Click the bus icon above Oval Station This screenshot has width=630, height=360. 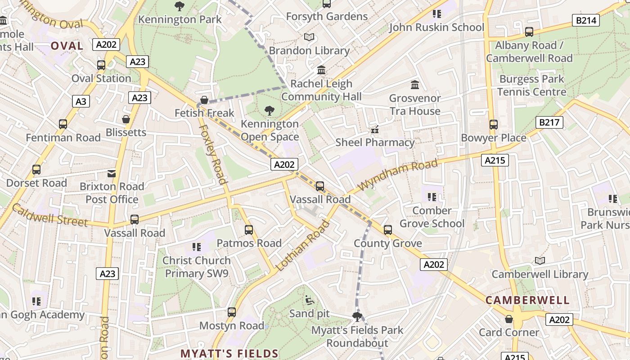click(x=101, y=65)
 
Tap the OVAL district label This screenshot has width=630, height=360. click(x=67, y=46)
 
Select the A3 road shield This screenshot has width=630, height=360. click(x=81, y=101)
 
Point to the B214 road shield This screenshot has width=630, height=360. click(x=586, y=20)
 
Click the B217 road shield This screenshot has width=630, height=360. click(x=549, y=122)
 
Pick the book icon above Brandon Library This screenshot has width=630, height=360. click(x=309, y=37)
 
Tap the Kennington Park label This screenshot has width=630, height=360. click(x=180, y=19)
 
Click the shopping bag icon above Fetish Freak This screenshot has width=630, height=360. click(x=204, y=99)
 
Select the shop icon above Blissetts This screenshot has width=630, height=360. click(x=126, y=119)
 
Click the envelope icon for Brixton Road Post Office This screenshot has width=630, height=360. click(x=112, y=173)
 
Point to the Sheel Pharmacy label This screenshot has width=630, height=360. click(x=375, y=143)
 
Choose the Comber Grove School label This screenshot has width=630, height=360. click(x=432, y=217)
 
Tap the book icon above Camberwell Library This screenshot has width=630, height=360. click(x=540, y=261)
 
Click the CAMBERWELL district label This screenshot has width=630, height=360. click(x=527, y=300)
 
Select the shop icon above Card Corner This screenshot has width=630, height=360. click(x=509, y=319)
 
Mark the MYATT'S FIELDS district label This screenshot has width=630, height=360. click(x=229, y=353)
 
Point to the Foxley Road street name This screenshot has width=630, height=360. click(x=212, y=154)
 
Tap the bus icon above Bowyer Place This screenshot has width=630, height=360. click(x=494, y=125)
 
